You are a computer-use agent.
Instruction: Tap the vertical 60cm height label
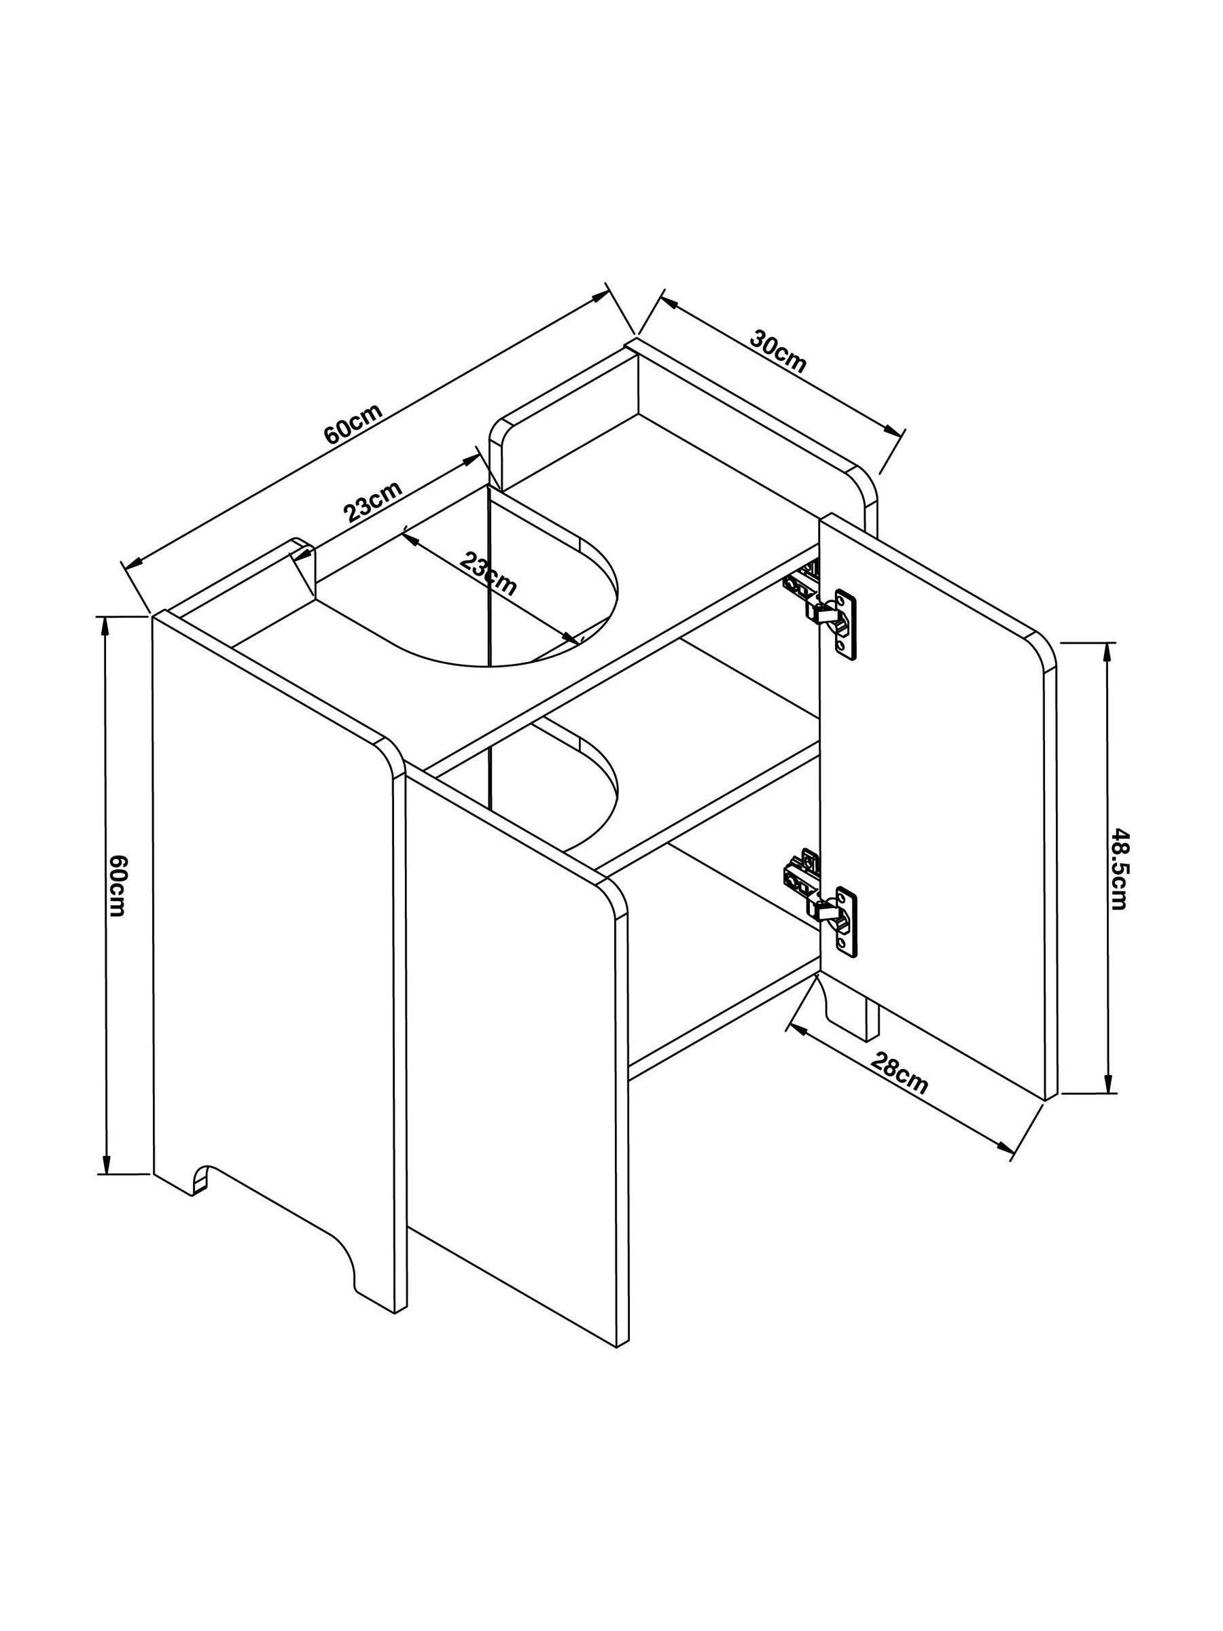coord(118,885)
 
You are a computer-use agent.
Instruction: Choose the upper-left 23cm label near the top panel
coord(374,502)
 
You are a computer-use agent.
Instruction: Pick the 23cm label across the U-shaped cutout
coord(488,573)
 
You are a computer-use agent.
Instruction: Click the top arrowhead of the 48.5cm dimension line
coord(1107,652)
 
